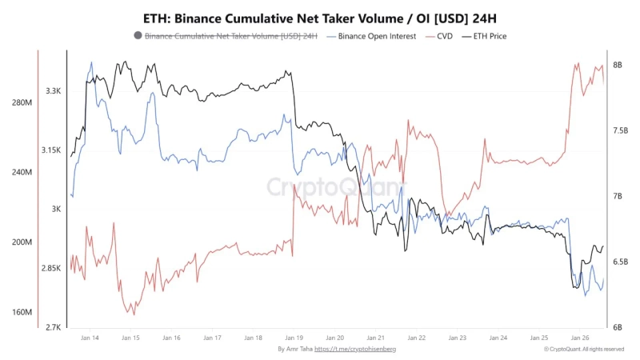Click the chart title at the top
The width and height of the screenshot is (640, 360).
320,18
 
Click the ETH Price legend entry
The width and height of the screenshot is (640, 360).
487,36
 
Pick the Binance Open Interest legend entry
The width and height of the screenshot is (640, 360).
371,36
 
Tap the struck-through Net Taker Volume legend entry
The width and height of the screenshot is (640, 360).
230,36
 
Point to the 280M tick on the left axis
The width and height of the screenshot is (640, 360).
22,103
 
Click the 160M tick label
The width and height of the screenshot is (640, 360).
22,312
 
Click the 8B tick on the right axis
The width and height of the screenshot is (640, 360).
617,65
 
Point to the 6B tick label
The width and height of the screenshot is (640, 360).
617,327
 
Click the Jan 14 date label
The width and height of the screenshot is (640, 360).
90,338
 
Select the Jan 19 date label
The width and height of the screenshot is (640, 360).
294,338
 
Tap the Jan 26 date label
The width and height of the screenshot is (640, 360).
580,338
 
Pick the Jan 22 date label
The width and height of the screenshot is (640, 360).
417,338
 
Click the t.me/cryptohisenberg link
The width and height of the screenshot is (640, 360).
355,350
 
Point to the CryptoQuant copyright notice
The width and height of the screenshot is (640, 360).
584,350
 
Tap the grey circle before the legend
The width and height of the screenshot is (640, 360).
138,36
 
